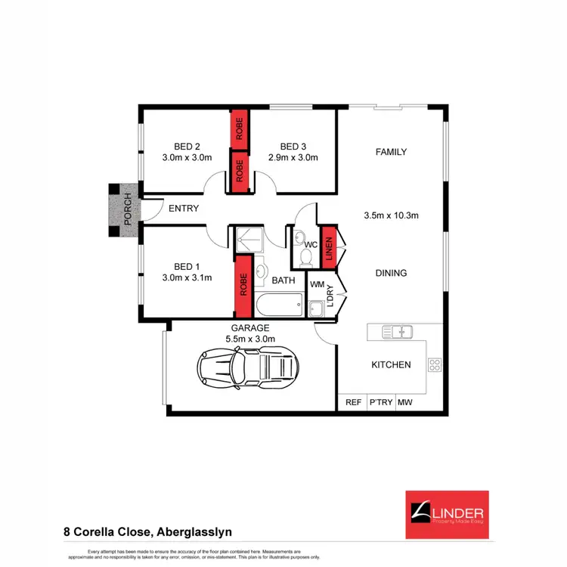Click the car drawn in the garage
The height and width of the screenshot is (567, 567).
point(246,368)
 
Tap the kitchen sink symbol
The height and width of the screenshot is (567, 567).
point(396,331)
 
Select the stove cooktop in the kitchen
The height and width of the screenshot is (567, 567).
point(435,365)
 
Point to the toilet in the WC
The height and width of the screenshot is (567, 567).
point(306,258)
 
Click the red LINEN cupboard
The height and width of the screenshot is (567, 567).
point(328,246)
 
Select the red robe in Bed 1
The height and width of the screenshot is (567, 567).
point(243,285)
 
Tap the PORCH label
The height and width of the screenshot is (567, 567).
point(127,210)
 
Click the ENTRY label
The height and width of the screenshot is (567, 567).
point(184,208)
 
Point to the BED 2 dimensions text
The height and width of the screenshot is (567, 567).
point(187,158)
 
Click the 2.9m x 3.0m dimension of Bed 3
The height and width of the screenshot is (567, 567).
point(293,158)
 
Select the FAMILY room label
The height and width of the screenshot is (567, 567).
point(392,152)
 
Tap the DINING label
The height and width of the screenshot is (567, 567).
point(392,273)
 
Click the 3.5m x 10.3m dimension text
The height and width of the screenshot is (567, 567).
point(392,215)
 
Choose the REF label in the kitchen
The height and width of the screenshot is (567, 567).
point(353,402)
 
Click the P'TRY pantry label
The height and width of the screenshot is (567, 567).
point(380,402)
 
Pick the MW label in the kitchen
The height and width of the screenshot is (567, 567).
point(405,402)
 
